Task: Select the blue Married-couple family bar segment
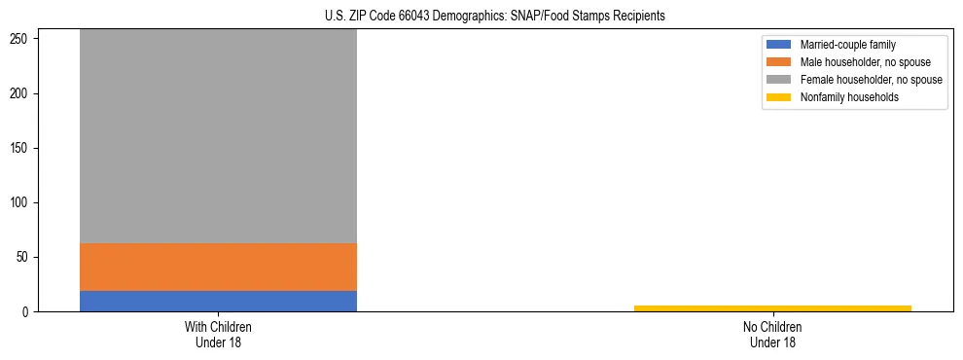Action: coord(218,301)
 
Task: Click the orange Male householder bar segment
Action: coord(218,267)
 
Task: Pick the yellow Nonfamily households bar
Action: coord(772,307)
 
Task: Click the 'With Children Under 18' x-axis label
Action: coord(218,334)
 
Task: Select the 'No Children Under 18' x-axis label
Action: coord(772,334)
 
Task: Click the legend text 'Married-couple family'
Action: coord(847,45)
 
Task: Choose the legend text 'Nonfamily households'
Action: coord(848,97)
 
